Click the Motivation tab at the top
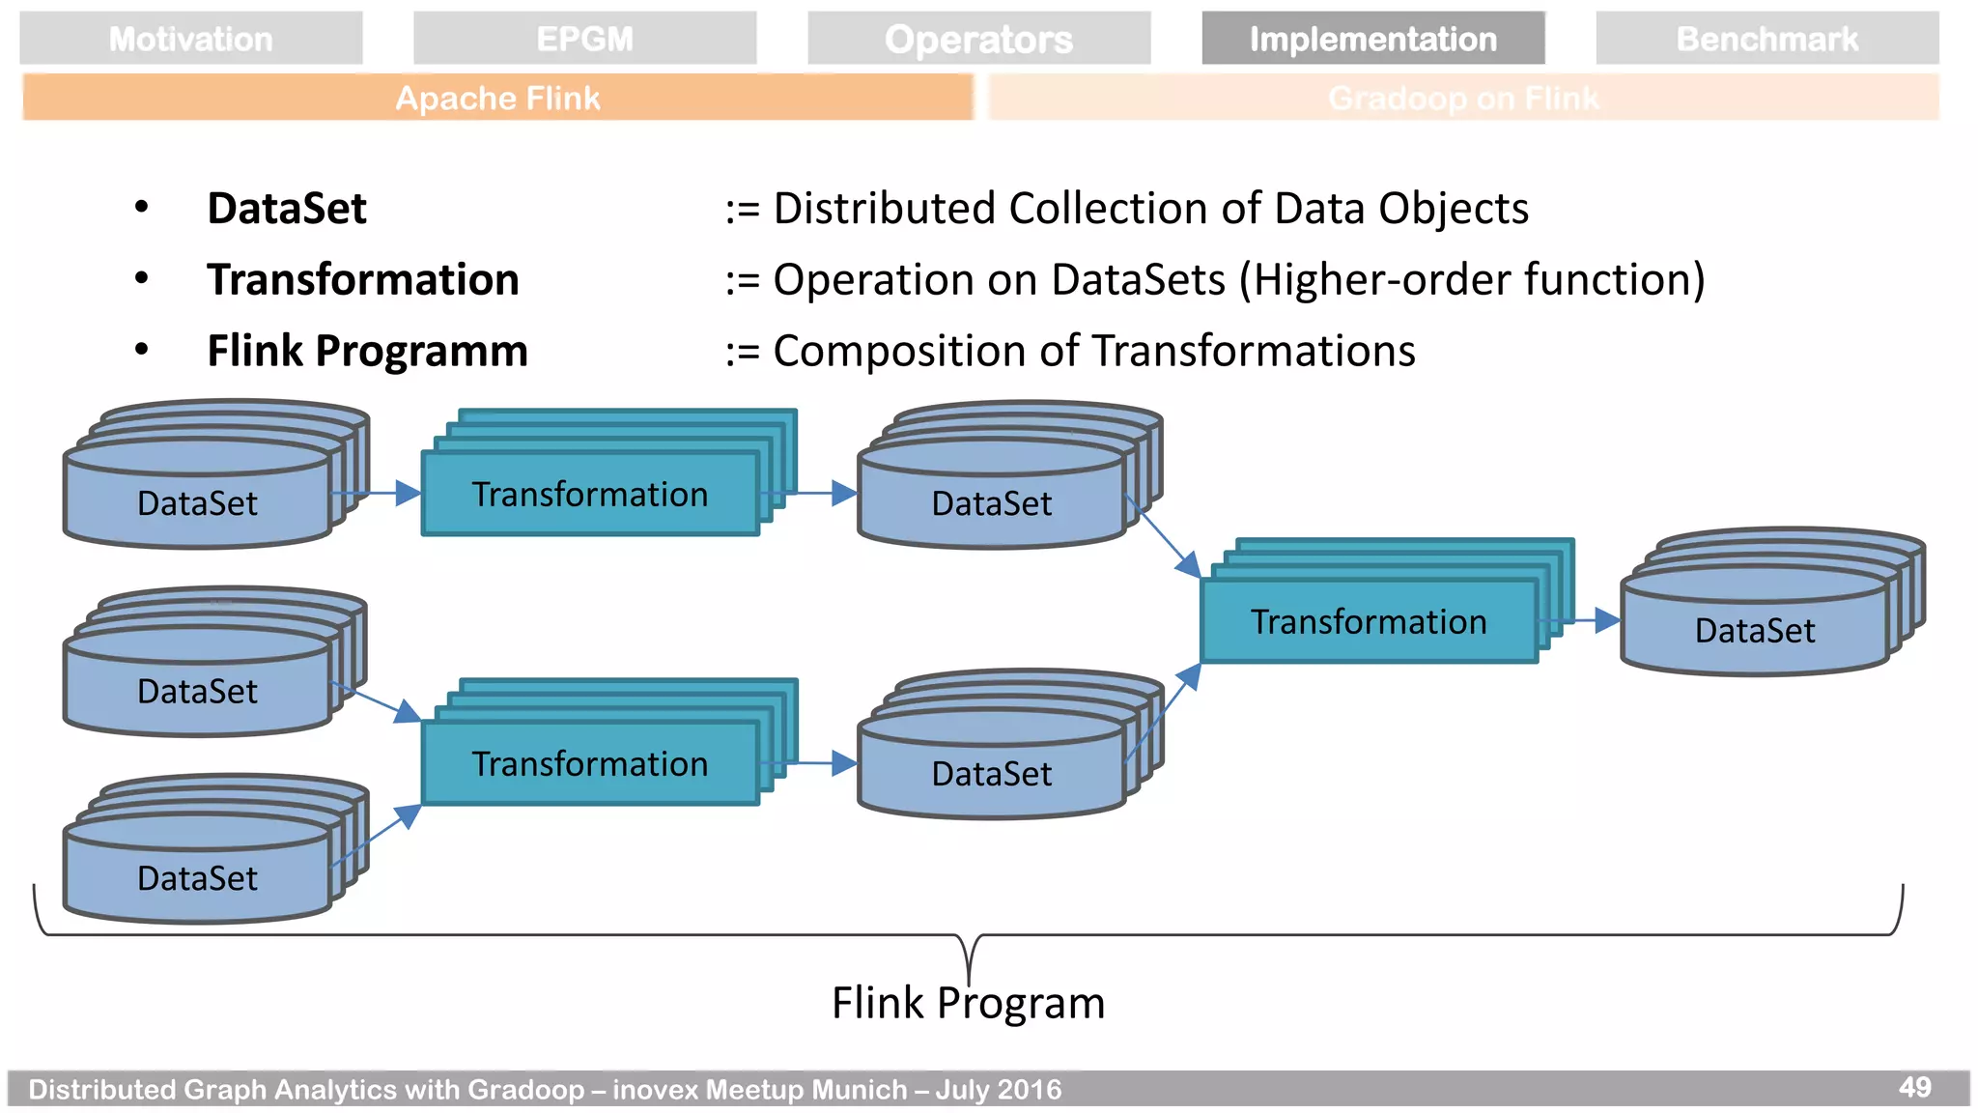[190, 39]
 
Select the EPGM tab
[584, 39]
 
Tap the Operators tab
[978, 39]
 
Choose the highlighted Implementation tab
[1372, 39]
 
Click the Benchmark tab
[1766, 39]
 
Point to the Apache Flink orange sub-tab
[497, 98]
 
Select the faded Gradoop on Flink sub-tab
[1463, 98]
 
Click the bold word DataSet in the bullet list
[287, 209]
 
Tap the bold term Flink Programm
[367, 351]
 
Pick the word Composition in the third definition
[898, 351]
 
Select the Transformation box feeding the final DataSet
[1368, 621]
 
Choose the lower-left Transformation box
[589, 763]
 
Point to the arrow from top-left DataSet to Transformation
[381, 494]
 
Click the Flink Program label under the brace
[968, 1003]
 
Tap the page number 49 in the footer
[1914, 1087]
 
